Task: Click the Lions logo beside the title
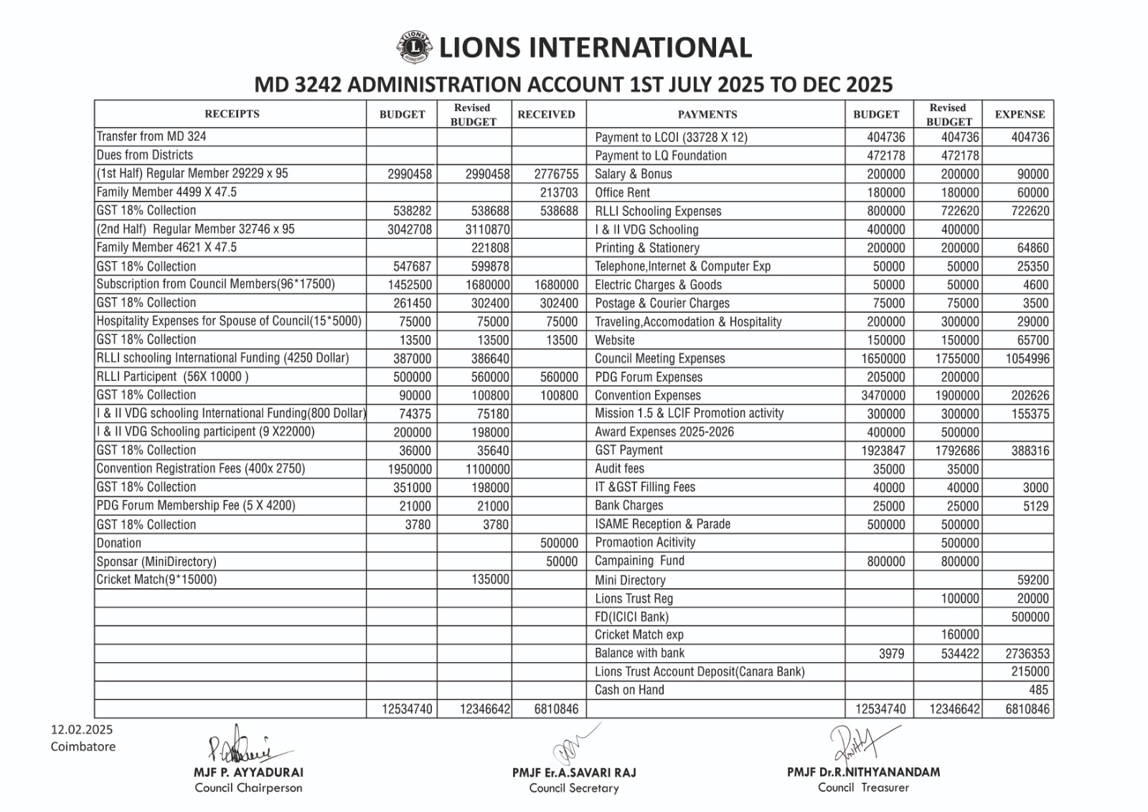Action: (x=413, y=47)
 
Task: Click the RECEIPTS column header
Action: (x=232, y=114)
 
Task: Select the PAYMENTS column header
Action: (x=707, y=114)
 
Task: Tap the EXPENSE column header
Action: (x=1020, y=114)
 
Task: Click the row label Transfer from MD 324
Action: (x=151, y=136)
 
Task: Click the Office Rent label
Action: (x=622, y=192)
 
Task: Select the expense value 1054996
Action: (x=1027, y=359)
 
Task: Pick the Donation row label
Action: (x=119, y=543)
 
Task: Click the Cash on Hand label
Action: (x=629, y=690)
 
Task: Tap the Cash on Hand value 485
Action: (x=1038, y=690)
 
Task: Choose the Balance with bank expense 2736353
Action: (x=1027, y=653)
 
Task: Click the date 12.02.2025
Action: (x=82, y=730)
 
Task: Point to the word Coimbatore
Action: (x=83, y=746)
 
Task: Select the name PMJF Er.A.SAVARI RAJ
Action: (x=574, y=773)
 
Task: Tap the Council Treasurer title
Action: (x=863, y=788)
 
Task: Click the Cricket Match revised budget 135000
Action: (x=490, y=580)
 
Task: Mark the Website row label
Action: (x=615, y=340)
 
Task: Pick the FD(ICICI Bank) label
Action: (x=631, y=617)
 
